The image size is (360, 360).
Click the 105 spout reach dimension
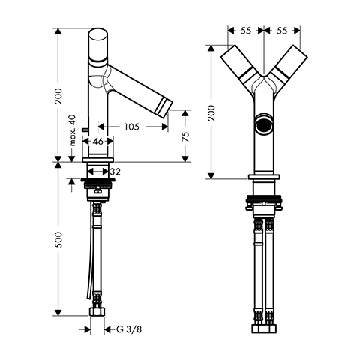coord(132,127)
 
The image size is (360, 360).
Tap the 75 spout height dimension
coord(185,137)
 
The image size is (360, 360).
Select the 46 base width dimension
coord(97,142)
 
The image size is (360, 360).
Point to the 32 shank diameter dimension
coord(115,172)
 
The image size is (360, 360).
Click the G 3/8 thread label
coord(129,329)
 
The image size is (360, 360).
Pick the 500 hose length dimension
coord(58,240)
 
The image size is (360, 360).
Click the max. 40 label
coord(72,130)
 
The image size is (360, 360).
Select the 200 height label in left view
coord(58,96)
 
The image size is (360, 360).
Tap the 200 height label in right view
coord(211,113)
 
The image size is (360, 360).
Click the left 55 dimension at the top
coord(246,31)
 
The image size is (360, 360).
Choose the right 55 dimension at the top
coord(282,31)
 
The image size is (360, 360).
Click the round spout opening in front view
coord(264,124)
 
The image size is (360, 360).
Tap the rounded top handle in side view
coord(98,45)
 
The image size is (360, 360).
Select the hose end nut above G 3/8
coord(97,311)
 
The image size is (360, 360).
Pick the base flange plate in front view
coord(264,177)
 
